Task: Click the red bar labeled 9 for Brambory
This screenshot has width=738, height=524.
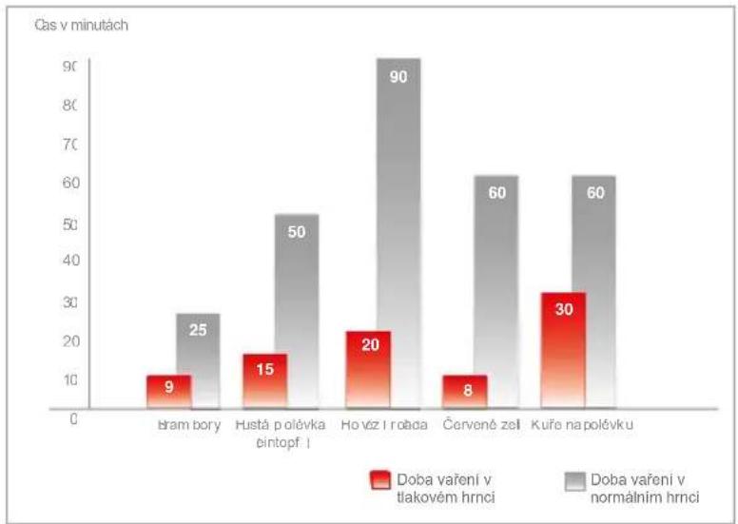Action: pyautogui.click(x=168, y=391)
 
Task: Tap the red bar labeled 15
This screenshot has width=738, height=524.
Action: pyautogui.click(x=265, y=380)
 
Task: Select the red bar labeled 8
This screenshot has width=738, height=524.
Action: pyautogui.click(x=465, y=391)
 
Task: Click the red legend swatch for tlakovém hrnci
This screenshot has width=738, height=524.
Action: pyautogui.click(x=380, y=480)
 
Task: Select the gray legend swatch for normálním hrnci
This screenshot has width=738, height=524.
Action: pyautogui.click(x=573, y=480)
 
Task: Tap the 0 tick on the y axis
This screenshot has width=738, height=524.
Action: pyautogui.click(x=73, y=418)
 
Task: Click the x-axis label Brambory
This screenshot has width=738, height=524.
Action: pyautogui.click(x=188, y=424)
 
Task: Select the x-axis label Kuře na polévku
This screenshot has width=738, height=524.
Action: pyautogui.click(x=582, y=424)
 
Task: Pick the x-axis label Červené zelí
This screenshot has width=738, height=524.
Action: pyautogui.click(x=482, y=424)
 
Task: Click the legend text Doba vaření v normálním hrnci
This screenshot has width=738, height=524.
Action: pyautogui.click(x=645, y=487)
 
